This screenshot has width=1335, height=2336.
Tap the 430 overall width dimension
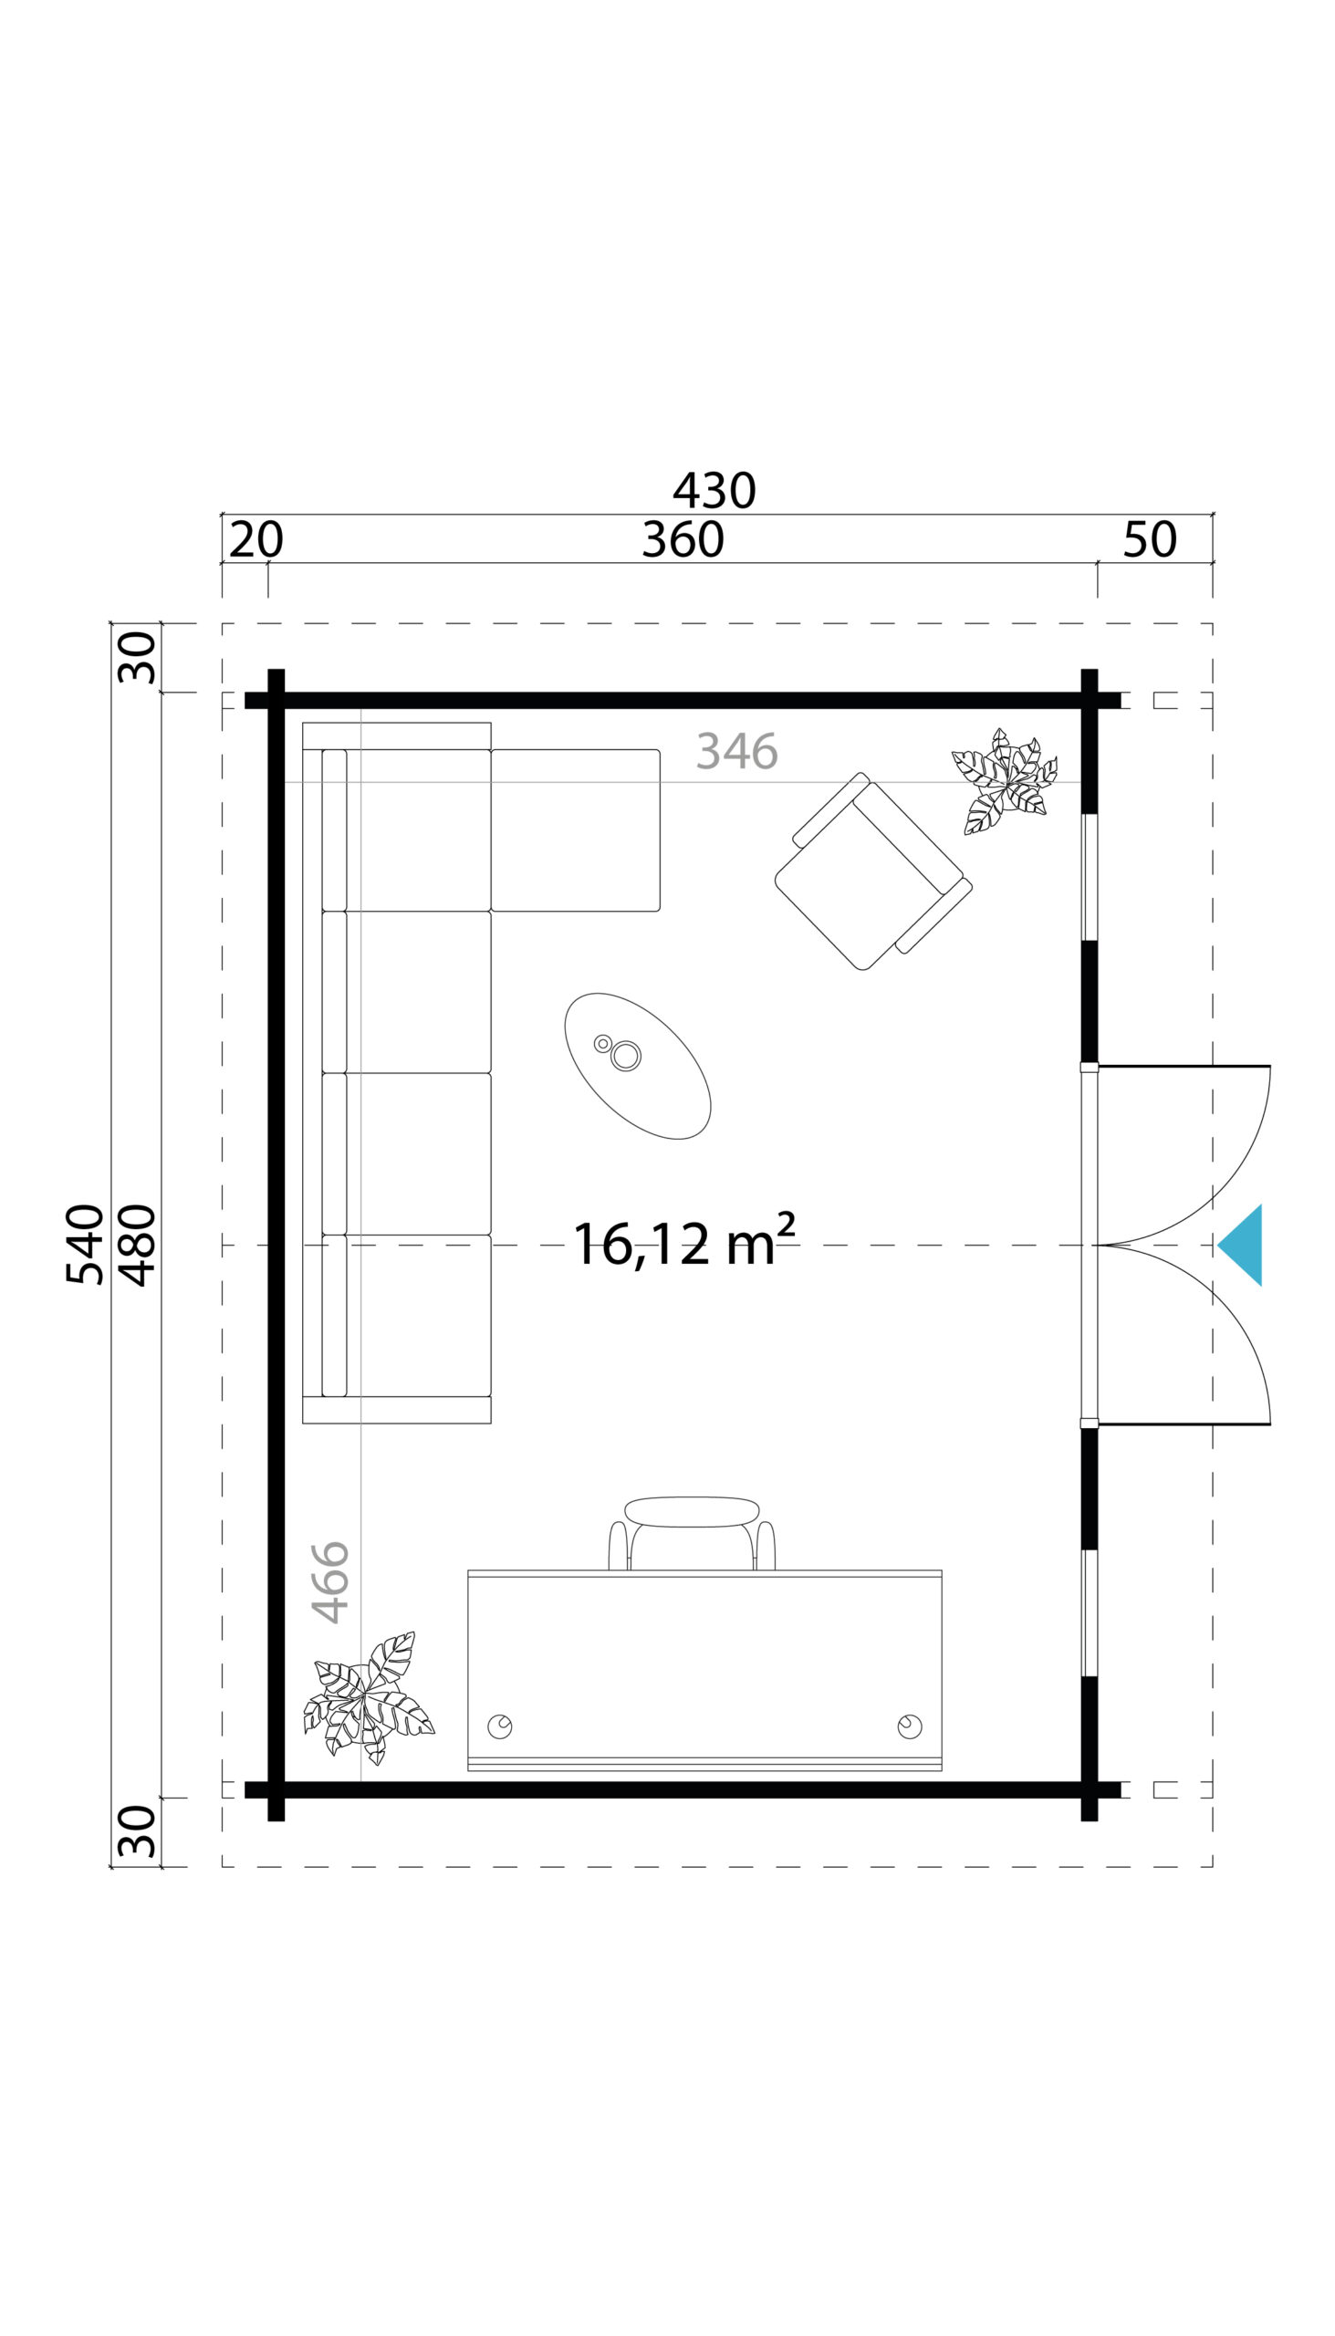(x=714, y=491)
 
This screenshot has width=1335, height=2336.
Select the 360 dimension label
(x=683, y=539)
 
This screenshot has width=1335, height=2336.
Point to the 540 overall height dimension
(x=84, y=1244)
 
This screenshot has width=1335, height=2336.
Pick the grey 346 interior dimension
(x=737, y=751)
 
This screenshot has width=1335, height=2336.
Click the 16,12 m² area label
(x=684, y=1243)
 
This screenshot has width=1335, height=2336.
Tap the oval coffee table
(x=637, y=1065)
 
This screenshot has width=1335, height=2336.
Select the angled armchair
(x=873, y=871)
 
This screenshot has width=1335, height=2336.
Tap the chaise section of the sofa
(x=575, y=829)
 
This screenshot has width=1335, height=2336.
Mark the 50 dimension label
(x=1150, y=539)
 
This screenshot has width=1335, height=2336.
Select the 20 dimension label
(x=256, y=539)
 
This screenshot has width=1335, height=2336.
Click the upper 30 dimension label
(x=138, y=657)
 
